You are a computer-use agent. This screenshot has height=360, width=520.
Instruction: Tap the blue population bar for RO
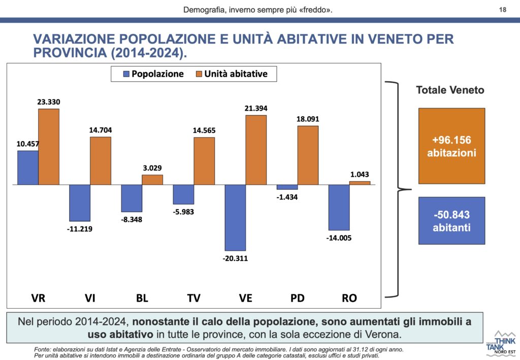point(339,207)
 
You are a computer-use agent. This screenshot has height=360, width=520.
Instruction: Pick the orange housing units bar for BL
point(152,179)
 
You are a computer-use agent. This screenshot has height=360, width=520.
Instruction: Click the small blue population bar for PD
point(287,187)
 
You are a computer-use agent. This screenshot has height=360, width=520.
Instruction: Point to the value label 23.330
point(49,102)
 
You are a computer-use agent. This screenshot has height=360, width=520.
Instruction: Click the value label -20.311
point(235,258)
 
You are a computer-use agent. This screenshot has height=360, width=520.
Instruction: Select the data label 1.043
point(360,174)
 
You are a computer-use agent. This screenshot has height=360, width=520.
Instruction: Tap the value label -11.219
point(80,229)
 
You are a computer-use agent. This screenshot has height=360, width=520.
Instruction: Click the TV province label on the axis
point(193,298)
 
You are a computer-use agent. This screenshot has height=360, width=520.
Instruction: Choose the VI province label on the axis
point(90,298)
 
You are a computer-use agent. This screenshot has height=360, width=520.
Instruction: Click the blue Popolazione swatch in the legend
point(126,74)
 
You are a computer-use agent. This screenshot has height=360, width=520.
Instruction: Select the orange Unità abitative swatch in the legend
point(199,74)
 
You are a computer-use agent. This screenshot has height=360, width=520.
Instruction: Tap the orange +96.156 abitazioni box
point(451,146)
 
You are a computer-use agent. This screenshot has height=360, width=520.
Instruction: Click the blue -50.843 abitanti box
point(451,221)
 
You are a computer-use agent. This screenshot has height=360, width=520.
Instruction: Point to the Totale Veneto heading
point(450,90)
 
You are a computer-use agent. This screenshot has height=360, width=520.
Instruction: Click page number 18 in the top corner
point(503,9)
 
